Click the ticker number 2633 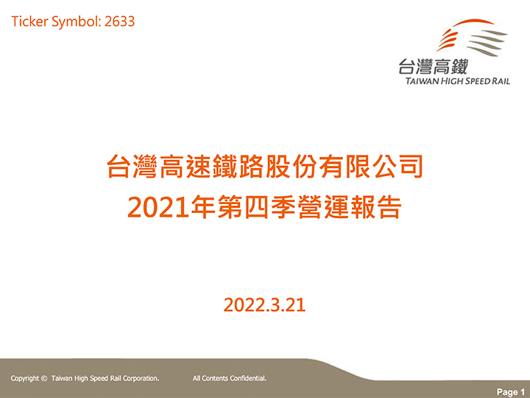point(120,21)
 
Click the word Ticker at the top point(29,21)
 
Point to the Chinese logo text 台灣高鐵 point(433,66)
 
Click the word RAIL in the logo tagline point(501,81)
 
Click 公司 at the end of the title point(397,167)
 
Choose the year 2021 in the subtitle point(158,207)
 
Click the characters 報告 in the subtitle point(376,207)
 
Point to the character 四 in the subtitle point(256,207)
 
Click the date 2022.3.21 point(265,305)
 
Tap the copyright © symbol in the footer point(44,378)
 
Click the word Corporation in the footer point(141,379)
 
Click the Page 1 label point(511,392)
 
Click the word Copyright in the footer point(25,379)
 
